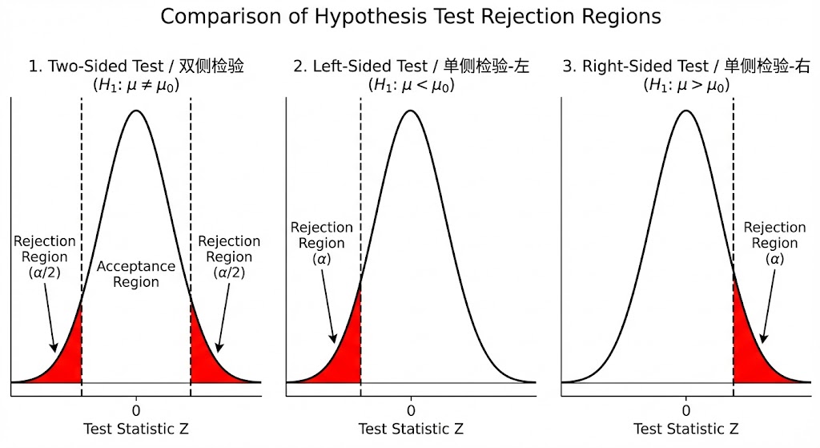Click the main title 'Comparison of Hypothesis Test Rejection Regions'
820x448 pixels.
pos(410,17)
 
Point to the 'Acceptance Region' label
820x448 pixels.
pos(136,274)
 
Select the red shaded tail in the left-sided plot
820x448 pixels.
pos(340,353)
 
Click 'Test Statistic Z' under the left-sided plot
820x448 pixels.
pos(411,429)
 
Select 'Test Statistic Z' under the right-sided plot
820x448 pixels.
pos(686,429)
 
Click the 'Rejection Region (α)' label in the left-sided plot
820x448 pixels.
pos(321,244)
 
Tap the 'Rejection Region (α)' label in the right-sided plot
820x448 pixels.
pos(774,244)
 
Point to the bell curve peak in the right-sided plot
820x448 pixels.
pos(686,110)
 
